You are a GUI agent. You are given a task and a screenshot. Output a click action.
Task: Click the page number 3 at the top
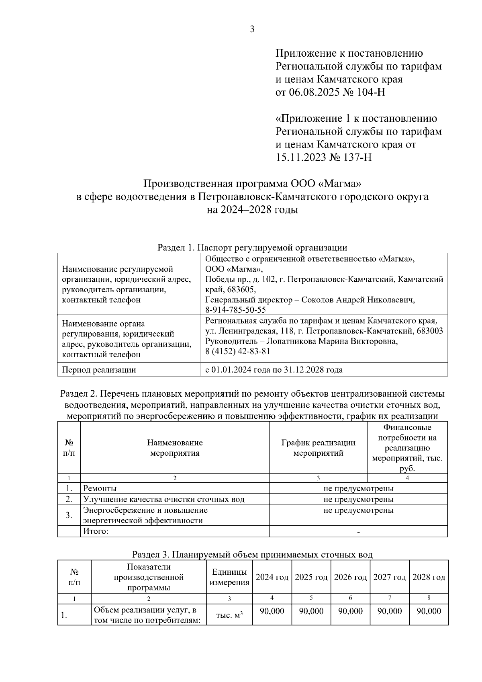click(252, 29)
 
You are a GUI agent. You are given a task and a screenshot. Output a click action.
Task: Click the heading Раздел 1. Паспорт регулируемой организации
click(252, 248)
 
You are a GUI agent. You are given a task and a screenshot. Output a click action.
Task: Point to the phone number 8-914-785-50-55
click(235, 310)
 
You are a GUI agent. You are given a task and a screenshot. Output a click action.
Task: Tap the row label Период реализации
click(99, 370)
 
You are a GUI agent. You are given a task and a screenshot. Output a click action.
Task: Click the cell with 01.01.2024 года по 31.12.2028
click(274, 370)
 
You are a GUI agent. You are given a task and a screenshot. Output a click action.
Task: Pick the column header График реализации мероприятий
click(318, 448)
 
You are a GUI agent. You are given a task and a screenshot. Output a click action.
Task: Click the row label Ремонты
click(100, 488)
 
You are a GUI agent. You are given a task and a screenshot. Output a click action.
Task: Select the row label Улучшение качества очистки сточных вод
click(163, 499)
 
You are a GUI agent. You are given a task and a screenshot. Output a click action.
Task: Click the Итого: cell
click(96, 531)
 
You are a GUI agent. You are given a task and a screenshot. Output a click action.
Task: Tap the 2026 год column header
click(350, 577)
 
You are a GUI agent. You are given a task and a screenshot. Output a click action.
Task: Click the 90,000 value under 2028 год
click(429, 611)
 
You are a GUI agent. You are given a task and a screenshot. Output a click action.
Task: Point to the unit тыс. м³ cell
click(229, 615)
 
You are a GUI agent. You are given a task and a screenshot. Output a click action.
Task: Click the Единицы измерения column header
click(229, 577)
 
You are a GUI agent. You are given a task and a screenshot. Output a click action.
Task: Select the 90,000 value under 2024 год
click(272, 611)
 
